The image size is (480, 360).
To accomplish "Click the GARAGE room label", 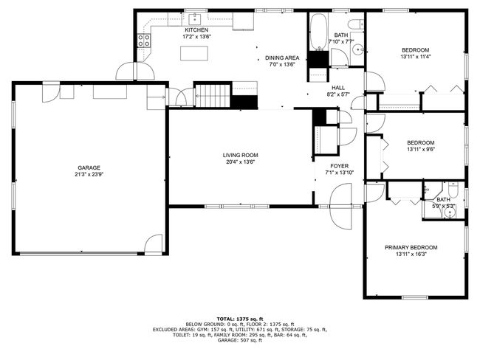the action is click(x=89, y=167).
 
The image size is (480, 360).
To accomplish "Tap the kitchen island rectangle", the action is click(x=194, y=53).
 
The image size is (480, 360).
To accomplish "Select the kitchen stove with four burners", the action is click(x=144, y=41).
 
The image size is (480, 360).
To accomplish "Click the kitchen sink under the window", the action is click(x=194, y=19).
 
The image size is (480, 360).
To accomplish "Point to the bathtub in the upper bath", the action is click(x=318, y=32).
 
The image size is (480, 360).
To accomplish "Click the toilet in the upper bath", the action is click(x=357, y=24).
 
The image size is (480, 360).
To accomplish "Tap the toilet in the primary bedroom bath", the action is click(x=453, y=190).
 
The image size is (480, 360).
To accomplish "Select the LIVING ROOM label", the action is click(x=240, y=155).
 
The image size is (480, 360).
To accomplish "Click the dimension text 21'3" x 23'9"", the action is click(x=89, y=174).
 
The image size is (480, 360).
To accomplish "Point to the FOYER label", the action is click(x=339, y=166).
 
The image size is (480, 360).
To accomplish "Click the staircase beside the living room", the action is click(x=213, y=96).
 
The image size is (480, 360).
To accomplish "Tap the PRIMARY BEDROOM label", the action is click(x=411, y=247).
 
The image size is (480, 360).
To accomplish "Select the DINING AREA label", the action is click(x=282, y=58).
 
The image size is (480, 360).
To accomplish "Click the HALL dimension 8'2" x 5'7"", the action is click(x=338, y=94).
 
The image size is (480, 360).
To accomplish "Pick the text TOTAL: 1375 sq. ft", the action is click(x=240, y=319).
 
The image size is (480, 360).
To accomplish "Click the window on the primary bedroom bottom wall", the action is click(x=415, y=297).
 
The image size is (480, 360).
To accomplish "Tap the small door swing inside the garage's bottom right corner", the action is click(x=153, y=243).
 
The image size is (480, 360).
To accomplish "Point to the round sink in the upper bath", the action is click(x=357, y=49).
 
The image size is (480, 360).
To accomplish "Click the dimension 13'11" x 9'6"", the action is click(x=421, y=149).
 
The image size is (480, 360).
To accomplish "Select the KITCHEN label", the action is click(x=196, y=30).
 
